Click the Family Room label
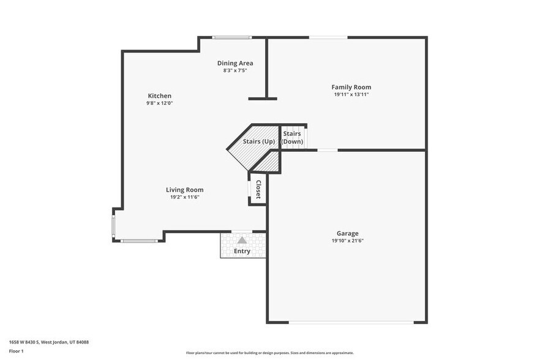point(351,87)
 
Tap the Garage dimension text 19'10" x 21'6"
point(347,241)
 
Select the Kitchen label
point(159,96)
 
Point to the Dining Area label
point(235,63)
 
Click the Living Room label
point(185,190)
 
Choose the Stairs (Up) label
point(258,141)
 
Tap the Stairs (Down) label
point(292,137)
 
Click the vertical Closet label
point(258,189)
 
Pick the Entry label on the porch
point(242,251)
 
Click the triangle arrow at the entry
point(242,240)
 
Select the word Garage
point(347,233)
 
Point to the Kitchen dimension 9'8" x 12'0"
point(159,103)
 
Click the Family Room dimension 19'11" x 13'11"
point(351,94)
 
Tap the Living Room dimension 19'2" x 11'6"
point(185,197)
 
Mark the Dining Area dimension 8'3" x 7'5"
point(235,70)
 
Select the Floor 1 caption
point(17,351)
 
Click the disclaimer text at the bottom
point(269,353)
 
